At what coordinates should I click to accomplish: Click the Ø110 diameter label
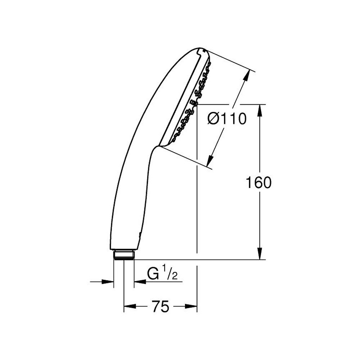point(227,119)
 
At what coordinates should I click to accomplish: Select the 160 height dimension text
point(258,183)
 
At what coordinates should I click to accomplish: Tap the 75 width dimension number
point(161,306)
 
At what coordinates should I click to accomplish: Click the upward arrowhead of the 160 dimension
point(260,111)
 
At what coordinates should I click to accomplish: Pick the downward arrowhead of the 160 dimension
point(260,254)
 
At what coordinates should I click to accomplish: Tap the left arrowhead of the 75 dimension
point(130,306)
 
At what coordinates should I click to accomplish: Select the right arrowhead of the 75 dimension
point(191,306)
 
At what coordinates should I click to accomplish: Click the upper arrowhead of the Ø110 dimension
point(246,76)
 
